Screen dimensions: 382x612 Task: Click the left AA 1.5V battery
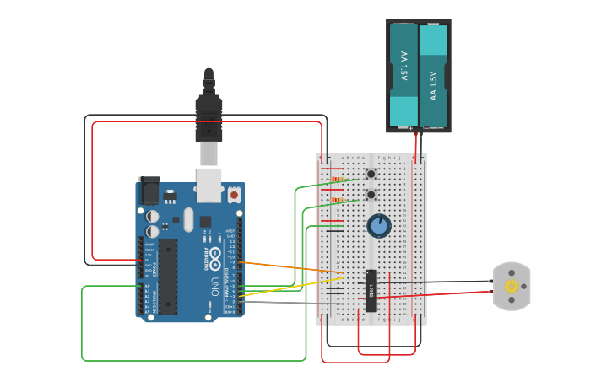tap(403, 74)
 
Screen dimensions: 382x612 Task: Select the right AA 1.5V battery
tap(433, 74)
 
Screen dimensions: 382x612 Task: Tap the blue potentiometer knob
tap(379, 225)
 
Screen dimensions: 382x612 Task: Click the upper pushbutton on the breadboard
tap(371, 175)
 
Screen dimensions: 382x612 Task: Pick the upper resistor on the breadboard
tap(337, 179)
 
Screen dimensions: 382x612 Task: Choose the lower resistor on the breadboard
tap(337, 200)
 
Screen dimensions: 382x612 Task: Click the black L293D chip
tap(371, 290)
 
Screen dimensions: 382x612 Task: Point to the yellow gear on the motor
tap(511, 287)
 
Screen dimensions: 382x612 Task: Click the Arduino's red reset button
tap(234, 195)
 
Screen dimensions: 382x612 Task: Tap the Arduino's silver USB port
tap(209, 185)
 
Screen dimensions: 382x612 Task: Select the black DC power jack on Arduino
tap(149, 191)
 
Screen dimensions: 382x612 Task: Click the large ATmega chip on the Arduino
tap(168, 276)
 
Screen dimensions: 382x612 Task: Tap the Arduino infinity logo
tap(215, 254)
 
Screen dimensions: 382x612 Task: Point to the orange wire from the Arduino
tap(287, 267)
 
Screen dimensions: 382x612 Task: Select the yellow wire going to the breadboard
tap(295, 286)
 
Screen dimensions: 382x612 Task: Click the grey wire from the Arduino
tap(287, 301)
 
